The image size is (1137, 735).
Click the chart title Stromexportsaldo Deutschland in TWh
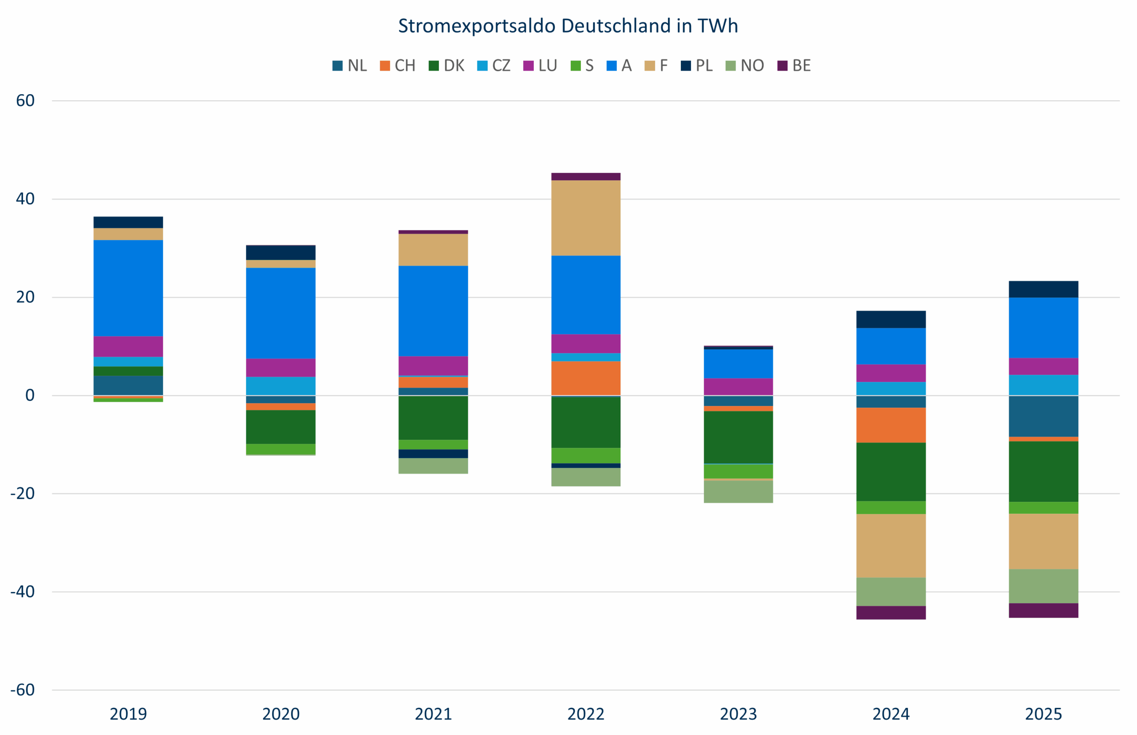click(x=568, y=26)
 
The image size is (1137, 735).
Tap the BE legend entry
click(x=794, y=65)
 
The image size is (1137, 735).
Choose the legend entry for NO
click(x=745, y=65)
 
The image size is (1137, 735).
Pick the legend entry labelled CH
click(x=397, y=65)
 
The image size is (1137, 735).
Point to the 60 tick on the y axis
click(x=25, y=101)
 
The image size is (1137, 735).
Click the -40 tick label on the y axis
click(x=23, y=592)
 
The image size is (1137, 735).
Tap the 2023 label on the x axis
click(x=738, y=715)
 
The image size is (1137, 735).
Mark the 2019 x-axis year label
click(x=128, y=715)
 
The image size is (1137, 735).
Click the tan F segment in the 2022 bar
click(x=586, y=218)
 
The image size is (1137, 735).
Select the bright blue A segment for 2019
click(x=128, y=288)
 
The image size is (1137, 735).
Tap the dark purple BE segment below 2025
click(x=1043, y=611)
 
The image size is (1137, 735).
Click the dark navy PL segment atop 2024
click(x=891, y=319)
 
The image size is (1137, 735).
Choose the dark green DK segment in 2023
click(x=738, y=437)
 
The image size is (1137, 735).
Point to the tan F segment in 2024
click(x=891, y=545)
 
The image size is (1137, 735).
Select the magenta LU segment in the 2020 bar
click(x=281, y=368)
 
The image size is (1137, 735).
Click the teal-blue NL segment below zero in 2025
click(x=1043, y=416)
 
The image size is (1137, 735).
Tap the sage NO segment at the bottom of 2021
click(x=433, y=466)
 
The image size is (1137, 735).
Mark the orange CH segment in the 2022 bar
click(x=586, y=378)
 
